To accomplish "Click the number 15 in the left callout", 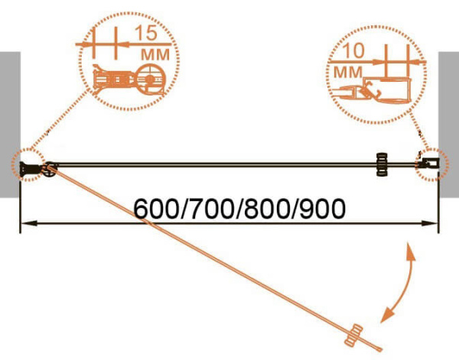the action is point(146,33).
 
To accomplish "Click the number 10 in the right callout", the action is point(353,50).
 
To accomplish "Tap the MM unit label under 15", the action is point(155,54).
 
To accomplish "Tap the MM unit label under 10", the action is point(347,72).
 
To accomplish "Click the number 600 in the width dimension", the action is point(155,209).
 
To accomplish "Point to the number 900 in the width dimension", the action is point(323,209).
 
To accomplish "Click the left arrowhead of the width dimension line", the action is point(29,223).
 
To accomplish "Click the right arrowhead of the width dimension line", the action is point(429,223).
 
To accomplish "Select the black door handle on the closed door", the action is point(382,164).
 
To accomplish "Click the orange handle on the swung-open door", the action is point(353,336).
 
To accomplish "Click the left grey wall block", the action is point(10,125).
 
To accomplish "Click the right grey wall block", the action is point(448,125).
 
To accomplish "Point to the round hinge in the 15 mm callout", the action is point(150,79).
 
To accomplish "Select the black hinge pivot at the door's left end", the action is point(50,169).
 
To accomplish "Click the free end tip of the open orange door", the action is point(380,349).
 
